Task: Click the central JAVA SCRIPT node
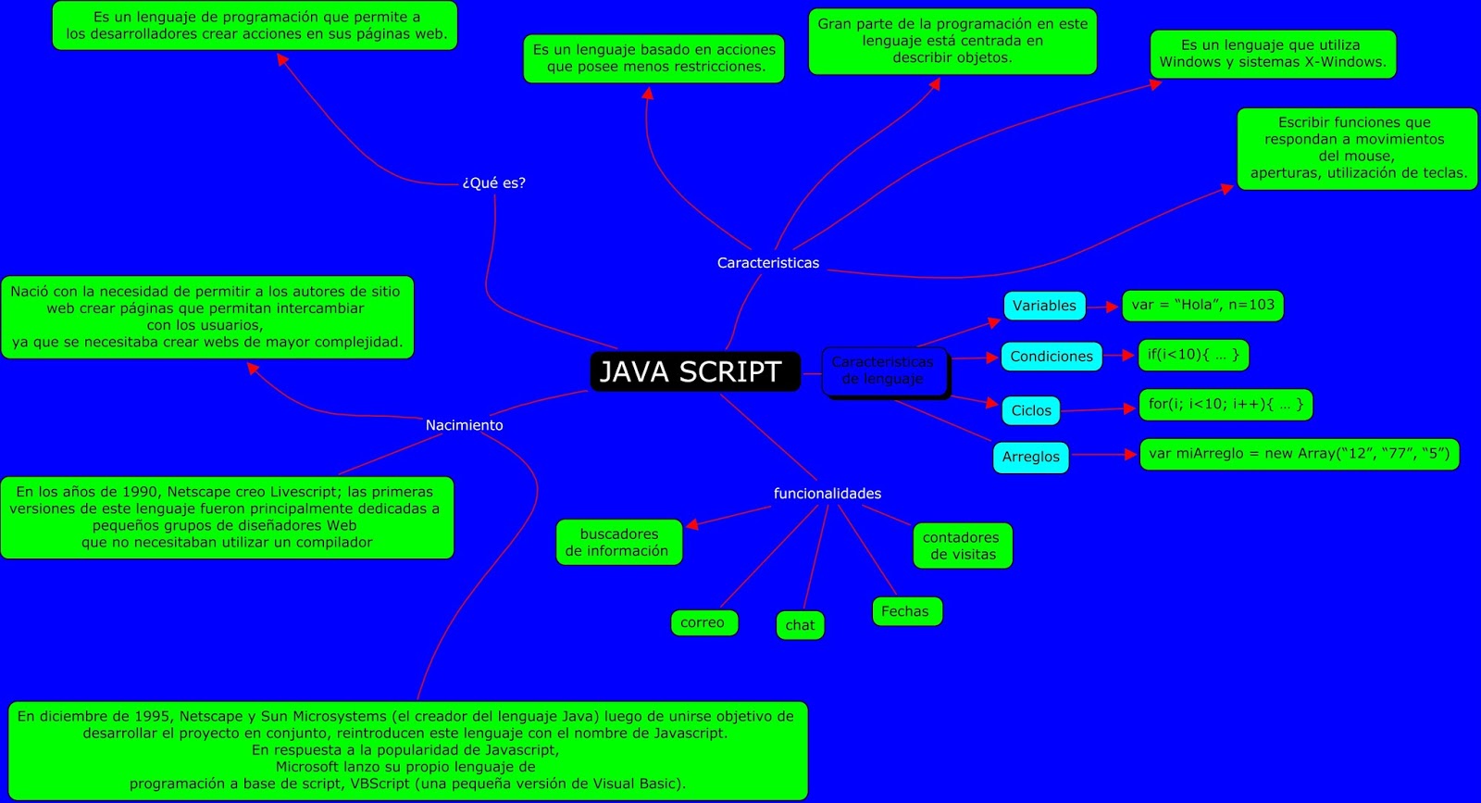point(694,371)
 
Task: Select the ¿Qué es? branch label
point(493,183)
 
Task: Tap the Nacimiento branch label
point(464,425)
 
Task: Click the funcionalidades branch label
point(827,494)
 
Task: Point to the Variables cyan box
point(1044,306)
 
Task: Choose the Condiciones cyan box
point(1052,357)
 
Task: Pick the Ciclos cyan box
point(1031,410)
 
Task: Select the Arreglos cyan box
point(1030,457)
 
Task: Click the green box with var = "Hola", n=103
point(1202,305)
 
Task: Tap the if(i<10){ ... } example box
point(1193,355)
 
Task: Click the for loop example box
point(1226,405)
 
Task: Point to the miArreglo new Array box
point(1299,454)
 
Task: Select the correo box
point(703,622)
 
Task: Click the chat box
point(800,625)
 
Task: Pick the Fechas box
point(906,611)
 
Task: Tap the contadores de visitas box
point(962,546)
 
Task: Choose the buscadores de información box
point(618,542)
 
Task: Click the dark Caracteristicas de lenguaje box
point(884,370)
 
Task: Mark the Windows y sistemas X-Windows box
point(1273,54)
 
